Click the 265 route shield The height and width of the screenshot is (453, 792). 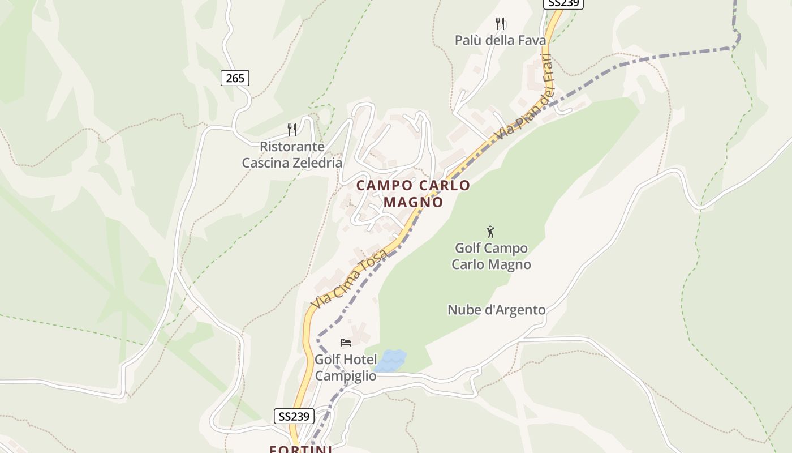point(235,78)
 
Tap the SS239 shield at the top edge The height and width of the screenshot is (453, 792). point(563,3)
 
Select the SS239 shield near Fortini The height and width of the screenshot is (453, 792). point(294,416)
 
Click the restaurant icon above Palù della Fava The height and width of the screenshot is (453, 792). point(500,24)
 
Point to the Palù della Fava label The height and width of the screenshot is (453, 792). point(500,40)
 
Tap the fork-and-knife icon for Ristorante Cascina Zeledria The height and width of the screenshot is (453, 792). point(292,130)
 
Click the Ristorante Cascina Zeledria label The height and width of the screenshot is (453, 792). point(292,155)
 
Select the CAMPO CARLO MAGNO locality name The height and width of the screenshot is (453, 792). point(413,193)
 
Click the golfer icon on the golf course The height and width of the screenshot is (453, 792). point(490,232)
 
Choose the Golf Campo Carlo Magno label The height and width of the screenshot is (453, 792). point(491,256)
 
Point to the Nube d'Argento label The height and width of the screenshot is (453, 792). point(496,310)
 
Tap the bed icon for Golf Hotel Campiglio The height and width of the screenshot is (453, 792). point(345,343)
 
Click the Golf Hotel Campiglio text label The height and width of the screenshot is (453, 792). point(345,367)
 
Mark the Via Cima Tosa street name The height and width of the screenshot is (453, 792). point(350,279)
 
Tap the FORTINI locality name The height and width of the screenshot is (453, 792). point(300,449)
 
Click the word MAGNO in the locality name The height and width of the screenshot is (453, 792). point(413,202)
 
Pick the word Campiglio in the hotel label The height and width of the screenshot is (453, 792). point(345,375)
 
